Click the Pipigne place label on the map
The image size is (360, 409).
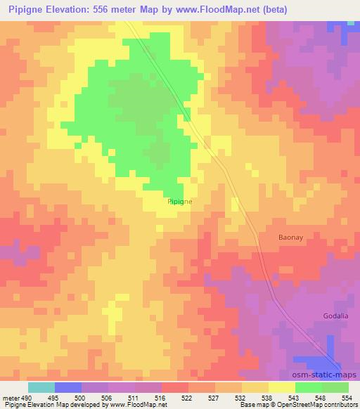click(180, 201)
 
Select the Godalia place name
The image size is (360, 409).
click(335, 316)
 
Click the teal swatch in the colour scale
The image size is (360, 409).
click(41, 387)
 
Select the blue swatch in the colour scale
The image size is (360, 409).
click(67, 387)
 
